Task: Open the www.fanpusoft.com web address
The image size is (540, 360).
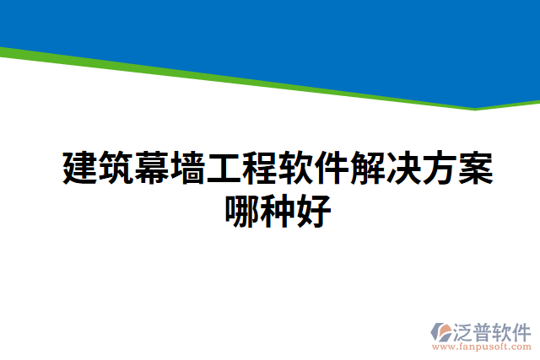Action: (482, 346)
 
